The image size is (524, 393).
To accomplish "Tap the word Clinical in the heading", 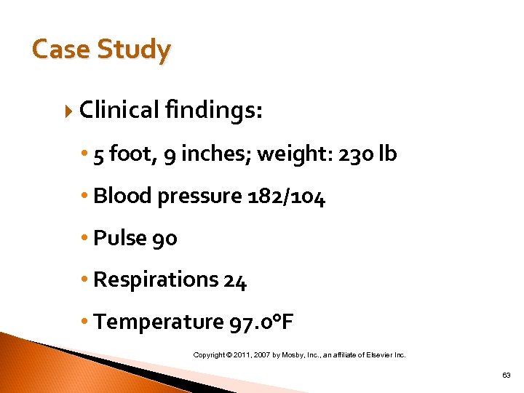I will (119, 110).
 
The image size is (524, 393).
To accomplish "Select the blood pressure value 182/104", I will (287, 196).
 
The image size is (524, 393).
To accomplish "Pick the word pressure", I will (202, 196).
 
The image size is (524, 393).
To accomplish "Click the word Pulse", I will (119, 238).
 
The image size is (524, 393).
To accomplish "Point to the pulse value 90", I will (164, 238).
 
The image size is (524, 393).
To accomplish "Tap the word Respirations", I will (156, 280).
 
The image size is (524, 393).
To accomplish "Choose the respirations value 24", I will (235, 280).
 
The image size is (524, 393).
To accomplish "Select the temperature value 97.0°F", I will (261, 322).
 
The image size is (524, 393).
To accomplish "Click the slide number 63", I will (506, 375).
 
